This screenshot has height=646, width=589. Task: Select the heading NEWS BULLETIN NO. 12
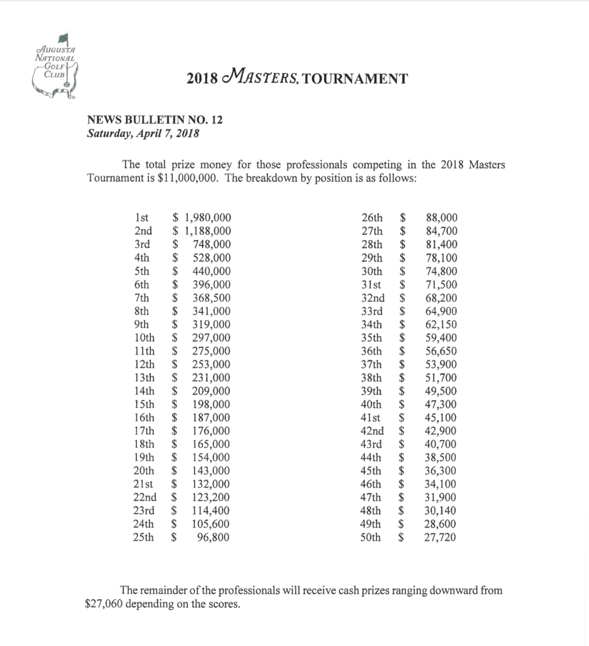pos(155,120)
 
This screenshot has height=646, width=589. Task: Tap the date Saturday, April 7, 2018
pos(143,134)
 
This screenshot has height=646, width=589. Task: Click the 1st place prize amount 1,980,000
pos(207,218)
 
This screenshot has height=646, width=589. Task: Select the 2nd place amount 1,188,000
pos(207,231)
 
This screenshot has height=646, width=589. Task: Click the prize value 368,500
pos(211,298)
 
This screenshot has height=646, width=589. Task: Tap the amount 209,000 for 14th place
pos(211,391)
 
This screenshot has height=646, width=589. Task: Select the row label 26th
pos(372,218)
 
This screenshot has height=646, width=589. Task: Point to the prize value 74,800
pos(441,271)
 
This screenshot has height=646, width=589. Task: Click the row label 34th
pos(372,325)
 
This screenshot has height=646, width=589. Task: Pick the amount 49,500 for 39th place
pos(441,391)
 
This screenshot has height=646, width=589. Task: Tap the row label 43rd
pos(372,444)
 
